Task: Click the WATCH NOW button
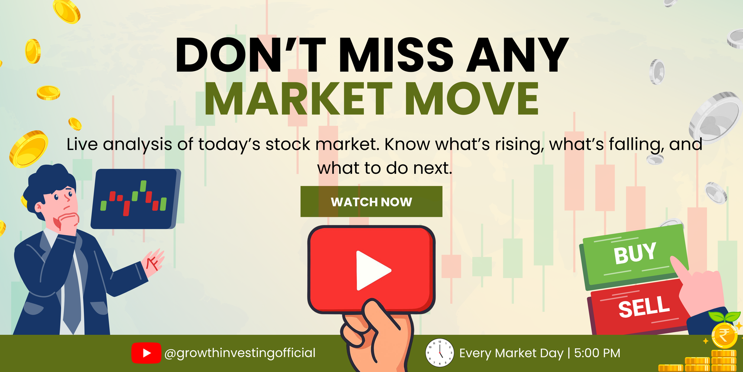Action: (371, 202)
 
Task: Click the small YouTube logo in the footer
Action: (146, 353)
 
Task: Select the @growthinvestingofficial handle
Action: (240, 353)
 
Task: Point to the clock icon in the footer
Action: (439, 352)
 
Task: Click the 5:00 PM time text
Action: (597, 353)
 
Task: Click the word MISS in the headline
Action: (396, 55)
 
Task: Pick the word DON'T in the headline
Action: (250, 55)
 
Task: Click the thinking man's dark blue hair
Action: (48, 182)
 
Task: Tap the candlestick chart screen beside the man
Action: (136, 199)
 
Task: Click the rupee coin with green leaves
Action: (724, 333)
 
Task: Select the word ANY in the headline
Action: (517, 55)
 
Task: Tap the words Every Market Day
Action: (511, 353)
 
